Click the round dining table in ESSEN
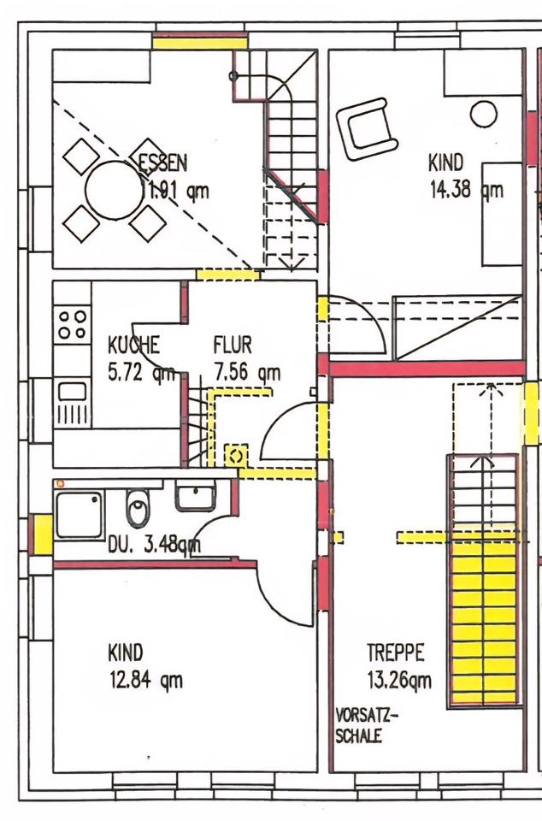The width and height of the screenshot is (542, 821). click(x=114, y=190)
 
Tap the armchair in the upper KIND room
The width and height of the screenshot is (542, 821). click(x=366, y=128)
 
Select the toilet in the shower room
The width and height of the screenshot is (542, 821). click(x=138, y=507)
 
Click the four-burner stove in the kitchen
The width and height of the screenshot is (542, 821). click(x=72, y=325)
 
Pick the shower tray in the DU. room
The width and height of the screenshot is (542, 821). click(x=80, y=515)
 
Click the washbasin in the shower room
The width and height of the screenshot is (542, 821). click(x=195, y=496)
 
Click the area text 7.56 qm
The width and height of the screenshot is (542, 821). click(x=247, y=373)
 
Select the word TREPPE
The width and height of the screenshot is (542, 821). click(x=396, y=653)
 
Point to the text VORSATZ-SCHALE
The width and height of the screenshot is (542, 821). click(x=366, y=725)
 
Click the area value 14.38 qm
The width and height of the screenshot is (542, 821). click(x=467, y=190)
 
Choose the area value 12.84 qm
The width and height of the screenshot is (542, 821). click(x=146, y=680)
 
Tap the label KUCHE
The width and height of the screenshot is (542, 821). click(x=133, y=345)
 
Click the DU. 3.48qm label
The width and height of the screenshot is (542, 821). click(x=154, y=546)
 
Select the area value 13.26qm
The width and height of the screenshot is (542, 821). click(x=399, y=680)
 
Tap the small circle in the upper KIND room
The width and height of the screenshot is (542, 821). click(x=483, y=114)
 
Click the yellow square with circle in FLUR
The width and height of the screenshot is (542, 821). click(x=236, y=456)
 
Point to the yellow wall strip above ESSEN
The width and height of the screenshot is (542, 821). click(x=200, y=40)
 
